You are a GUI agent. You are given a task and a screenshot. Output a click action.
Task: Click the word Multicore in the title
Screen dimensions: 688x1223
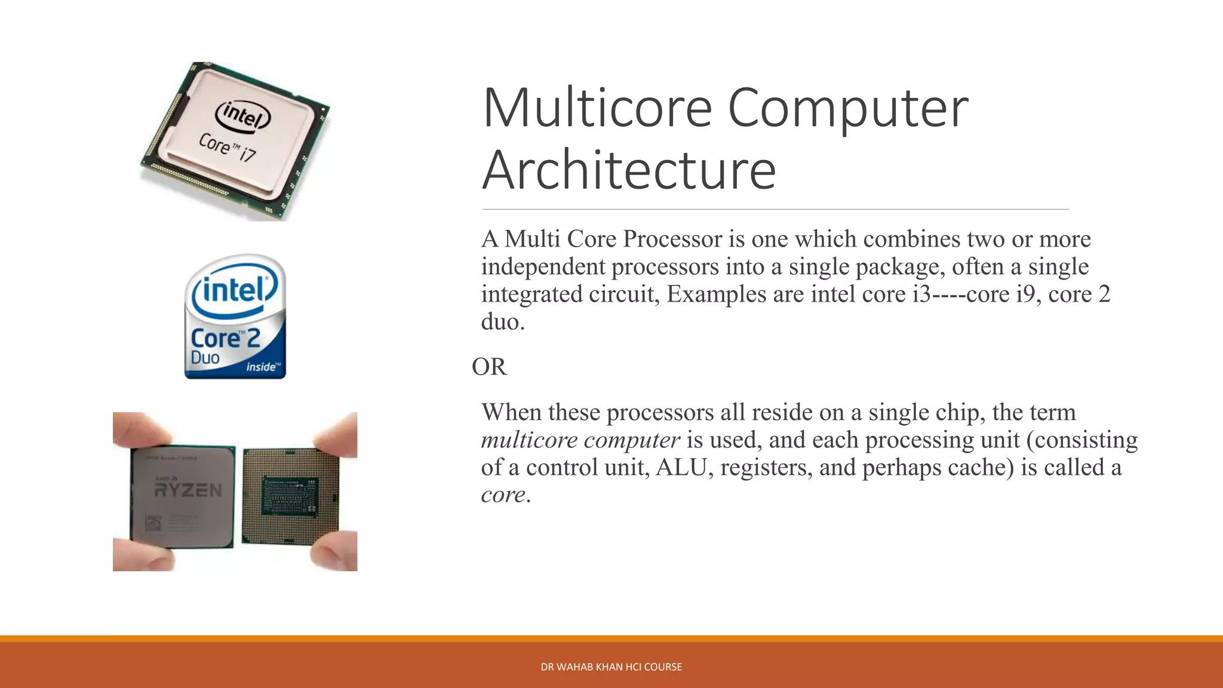[x=597, y=108]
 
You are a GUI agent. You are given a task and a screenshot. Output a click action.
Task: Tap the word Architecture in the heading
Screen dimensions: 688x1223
[x=629, y=170]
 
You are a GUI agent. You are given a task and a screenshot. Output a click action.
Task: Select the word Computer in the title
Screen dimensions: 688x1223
[x=848, y=108]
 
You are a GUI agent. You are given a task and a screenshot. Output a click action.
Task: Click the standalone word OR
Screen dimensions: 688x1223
[x=489, y=367]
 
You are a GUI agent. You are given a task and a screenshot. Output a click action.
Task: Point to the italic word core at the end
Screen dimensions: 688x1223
[x=503, y=494]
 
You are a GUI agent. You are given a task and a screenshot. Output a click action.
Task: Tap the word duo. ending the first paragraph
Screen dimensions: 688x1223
[x=503, y=322]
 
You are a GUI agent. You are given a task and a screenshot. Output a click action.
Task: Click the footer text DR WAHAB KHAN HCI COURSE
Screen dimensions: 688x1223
[x=611, y=667]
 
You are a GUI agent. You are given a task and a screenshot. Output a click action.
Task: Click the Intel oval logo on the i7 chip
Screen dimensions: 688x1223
[x=244, y=115]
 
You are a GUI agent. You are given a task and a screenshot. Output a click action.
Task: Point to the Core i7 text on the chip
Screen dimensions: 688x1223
[x=227, y=147]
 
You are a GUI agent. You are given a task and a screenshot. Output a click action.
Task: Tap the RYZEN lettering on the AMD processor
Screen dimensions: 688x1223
[x=188, y=490]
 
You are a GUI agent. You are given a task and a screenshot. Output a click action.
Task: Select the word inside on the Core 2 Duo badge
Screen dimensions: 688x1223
[x=262, y=367]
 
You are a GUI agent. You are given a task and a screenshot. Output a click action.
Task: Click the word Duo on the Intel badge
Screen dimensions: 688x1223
[x=205, y=358]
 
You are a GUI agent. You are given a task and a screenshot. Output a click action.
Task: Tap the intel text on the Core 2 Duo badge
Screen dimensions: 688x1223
[x=233, y=291]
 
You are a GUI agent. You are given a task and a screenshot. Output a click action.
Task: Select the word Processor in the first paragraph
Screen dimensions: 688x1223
[x=672, y=239]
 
